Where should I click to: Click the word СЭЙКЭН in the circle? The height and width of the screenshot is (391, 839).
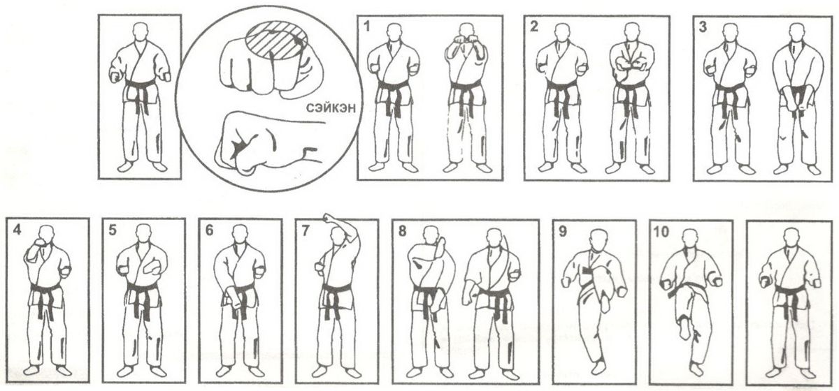click(330, 108)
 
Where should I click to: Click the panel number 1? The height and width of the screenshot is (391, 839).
click(366, 27)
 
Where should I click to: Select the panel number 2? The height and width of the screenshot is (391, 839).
click(533, 27)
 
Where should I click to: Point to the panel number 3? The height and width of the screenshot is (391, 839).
click(703, 27)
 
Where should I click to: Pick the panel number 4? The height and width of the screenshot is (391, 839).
click(17, 230)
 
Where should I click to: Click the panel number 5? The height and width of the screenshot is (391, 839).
click(113, 230)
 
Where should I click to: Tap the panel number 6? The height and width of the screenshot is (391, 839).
click(209, 230)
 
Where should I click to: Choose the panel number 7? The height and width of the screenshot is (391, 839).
click(306, 231)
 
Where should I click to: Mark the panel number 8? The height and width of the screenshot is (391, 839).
click(402, 231)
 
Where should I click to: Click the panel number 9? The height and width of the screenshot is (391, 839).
click(563, 232)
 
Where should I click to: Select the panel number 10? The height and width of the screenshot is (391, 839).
click(661, 232)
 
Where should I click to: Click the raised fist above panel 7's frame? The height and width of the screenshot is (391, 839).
click(329, 217)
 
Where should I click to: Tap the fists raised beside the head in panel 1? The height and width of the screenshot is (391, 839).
click(467, 39)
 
